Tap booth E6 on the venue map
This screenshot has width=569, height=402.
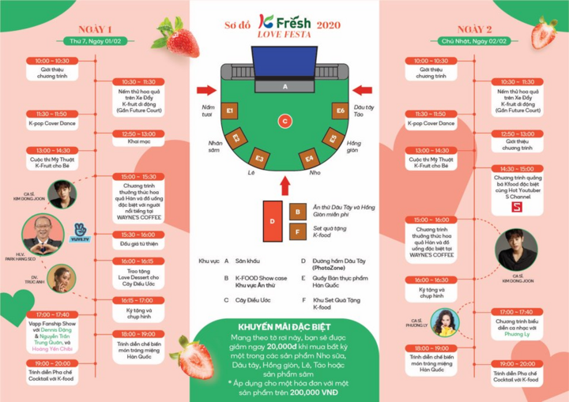click(x=340, y=111)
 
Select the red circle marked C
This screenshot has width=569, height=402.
click(x=284, y=121)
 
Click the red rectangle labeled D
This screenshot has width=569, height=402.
click(x=272, y=220)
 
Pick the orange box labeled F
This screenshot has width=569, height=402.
click(x=297, y=232)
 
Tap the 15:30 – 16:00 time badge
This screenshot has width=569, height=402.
click(x=138, y=235)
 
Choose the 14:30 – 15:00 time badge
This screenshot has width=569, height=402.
click(x=518, y=168)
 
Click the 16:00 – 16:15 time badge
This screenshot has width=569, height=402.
click(x=138, y=261)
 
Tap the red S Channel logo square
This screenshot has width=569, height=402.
click(x=518, y=206)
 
